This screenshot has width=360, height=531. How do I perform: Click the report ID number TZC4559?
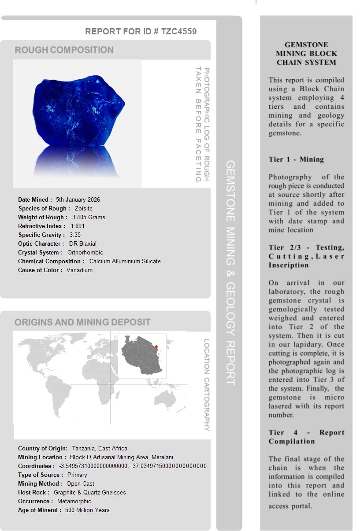pyautogui.click(x=179, y=31)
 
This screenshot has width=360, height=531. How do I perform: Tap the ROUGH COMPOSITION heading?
pyautogui.click(x=64, y=50)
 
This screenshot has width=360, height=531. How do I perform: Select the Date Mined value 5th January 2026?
pyautogui.click(x=78, y=199)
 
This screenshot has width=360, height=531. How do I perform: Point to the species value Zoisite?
pyautogui.click(x=84, y=208)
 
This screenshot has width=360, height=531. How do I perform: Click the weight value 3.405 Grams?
pyautogui.click(x=89, y=217)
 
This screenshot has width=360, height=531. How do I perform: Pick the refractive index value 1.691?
pyautogui.click(x=78, y=226)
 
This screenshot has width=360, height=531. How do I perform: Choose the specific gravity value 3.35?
pyautogui.click(x=75, y=235)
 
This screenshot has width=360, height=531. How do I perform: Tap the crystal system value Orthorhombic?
pyautogui.click(x=85, y=252)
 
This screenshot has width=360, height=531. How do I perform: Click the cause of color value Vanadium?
pyautogui.click(x=79, y=270)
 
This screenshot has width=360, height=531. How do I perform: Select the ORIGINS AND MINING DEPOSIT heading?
pyautogui.click(x=82, y=322)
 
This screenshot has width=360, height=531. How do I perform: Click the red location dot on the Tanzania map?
pyautogui.click(x=156, y=347)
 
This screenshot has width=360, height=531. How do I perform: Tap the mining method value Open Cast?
pyautogui.click(x=81, y=483)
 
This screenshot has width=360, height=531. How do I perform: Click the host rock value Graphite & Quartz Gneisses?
pyautogui.click(x=90, y=492)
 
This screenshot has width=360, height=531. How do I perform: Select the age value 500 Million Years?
pyautogui.click(x=87, y=510)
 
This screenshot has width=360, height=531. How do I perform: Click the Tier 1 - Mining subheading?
pyautogui.click(x=296, y=159)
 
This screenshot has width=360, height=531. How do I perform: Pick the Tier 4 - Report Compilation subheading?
pyautogui.click(x=306, y=437)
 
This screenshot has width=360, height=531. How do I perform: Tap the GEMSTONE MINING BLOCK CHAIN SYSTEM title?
pyautogui.click(x=306, y=54)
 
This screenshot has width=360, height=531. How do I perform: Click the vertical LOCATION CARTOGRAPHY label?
pyautogui.click(x=206, y=385)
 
